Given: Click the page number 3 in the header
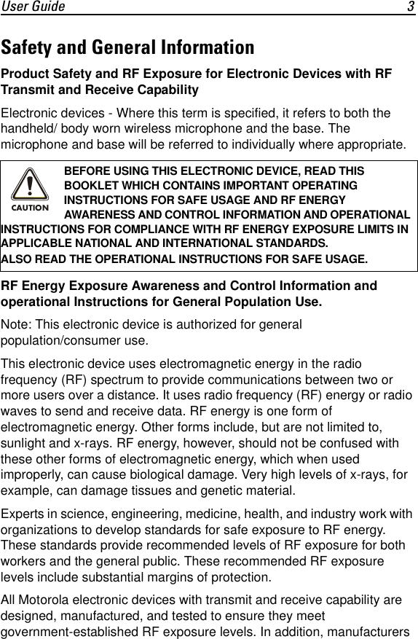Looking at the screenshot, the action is [x=411, y=7].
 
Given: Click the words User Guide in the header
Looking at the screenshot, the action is [x=33, y=7].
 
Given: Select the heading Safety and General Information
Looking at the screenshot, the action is [x=128, y=48].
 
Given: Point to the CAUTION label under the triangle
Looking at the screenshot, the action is [x=30, y=208].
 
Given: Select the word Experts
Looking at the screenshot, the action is [x=24, y=514].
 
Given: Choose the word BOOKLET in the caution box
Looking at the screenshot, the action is [x=91, y=185].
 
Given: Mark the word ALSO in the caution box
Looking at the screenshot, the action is [x=17, y=259].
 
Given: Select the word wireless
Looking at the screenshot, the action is [x=159, y=128].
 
